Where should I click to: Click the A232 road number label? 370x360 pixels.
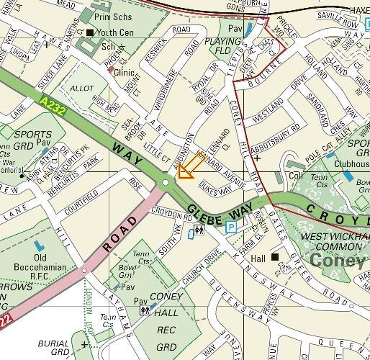tap(49, 104)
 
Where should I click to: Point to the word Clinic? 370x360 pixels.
tap(125, 73)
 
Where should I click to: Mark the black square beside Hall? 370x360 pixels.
tap(274, 256)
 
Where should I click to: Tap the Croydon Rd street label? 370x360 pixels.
tap(169, 214)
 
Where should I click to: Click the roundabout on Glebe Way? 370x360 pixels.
tap(166, 184)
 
